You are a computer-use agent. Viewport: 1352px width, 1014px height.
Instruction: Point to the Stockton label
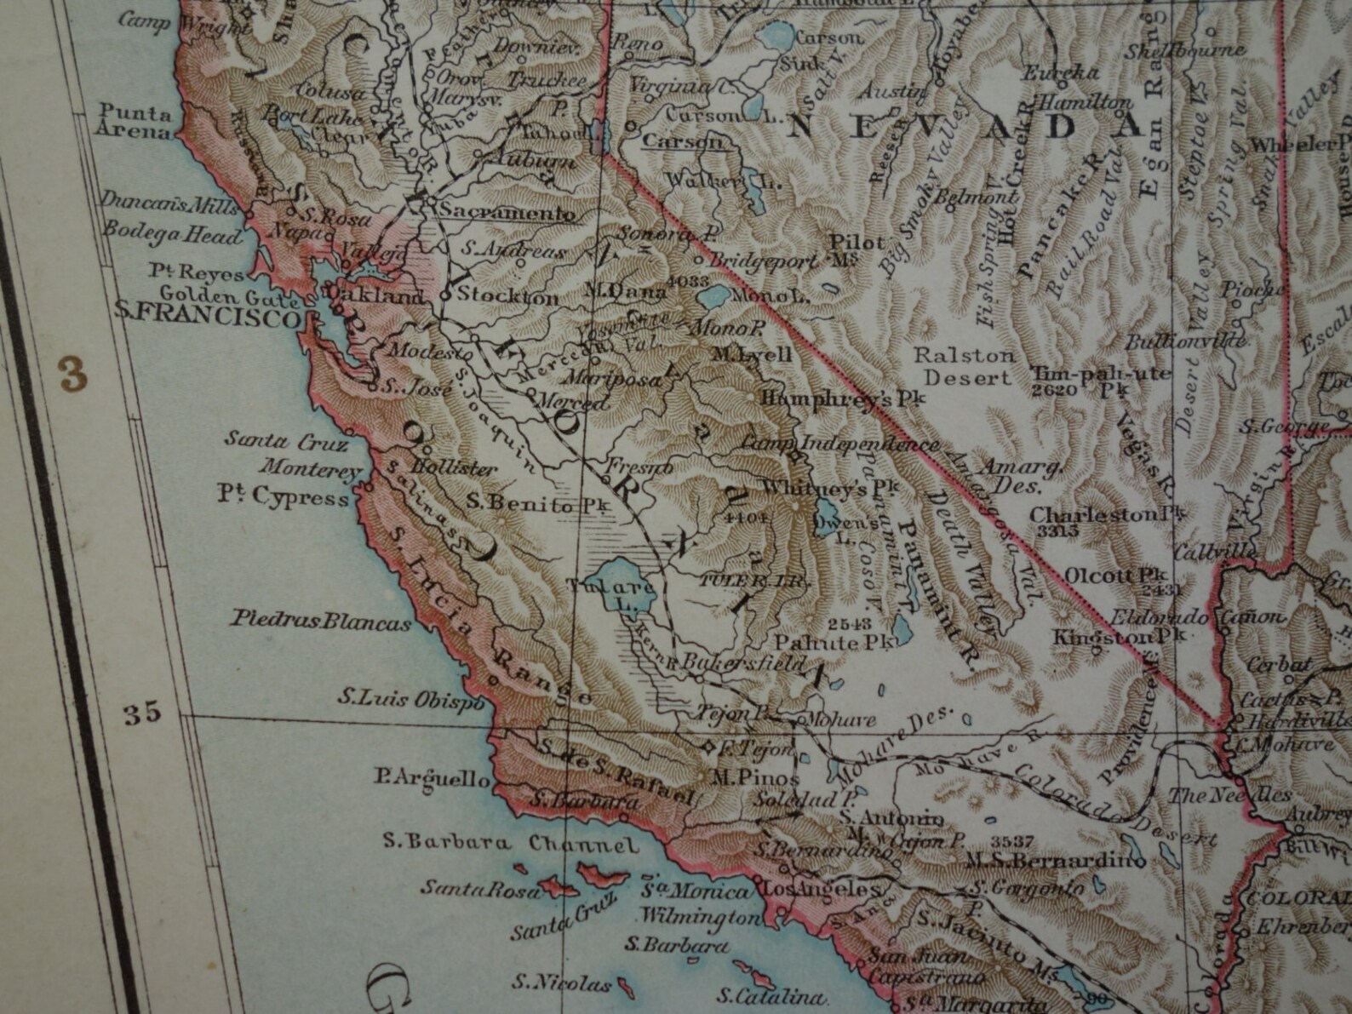point(508,296)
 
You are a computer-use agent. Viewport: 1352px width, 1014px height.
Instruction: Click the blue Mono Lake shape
point(713,298)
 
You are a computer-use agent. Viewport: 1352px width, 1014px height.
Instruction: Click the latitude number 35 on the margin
point(141,713)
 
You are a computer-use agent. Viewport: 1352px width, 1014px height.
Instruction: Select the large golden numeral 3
point(72,374)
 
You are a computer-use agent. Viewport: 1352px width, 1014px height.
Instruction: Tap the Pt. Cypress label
point(284,497)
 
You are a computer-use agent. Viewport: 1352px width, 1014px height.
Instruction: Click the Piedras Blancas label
point(320,622)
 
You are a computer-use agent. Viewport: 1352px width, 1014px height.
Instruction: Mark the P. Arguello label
point(432,778)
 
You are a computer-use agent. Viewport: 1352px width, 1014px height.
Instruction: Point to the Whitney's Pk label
point(828,489)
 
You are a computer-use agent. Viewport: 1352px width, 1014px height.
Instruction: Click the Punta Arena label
point(135,121)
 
